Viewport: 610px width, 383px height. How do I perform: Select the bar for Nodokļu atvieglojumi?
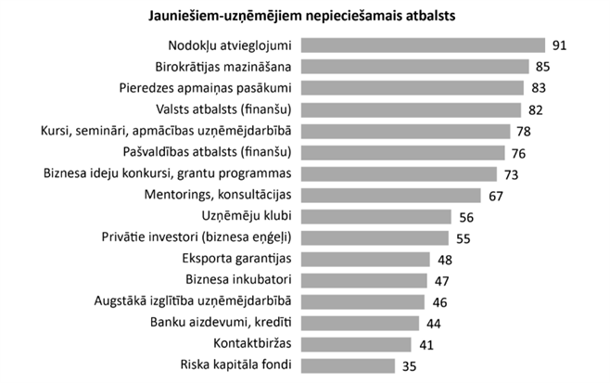[x=423, y=45]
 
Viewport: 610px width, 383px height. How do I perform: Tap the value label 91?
[x=558, y=45]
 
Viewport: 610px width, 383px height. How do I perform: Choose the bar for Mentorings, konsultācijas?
[x=390, y=195]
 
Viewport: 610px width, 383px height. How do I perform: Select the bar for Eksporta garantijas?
[x=365, y=259]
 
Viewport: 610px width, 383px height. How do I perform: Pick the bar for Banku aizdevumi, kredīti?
[x=360, y=323]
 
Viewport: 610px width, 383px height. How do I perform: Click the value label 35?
[x=407, y=365]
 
